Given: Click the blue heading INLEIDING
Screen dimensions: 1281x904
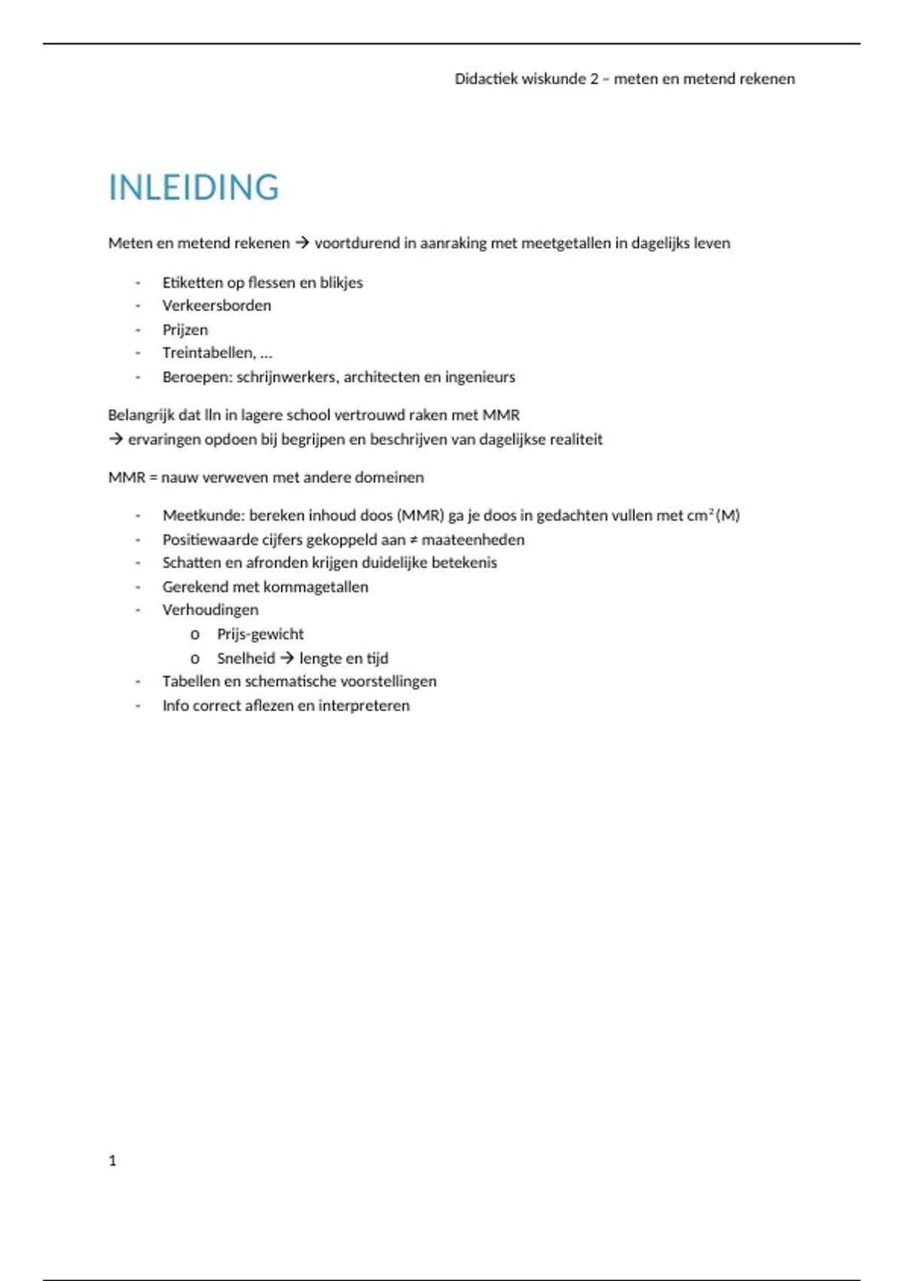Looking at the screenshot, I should tap(194, 188).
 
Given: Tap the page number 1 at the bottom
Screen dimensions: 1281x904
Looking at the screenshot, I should tap(112, 1160).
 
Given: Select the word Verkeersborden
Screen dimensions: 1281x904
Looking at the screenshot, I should tap(216, 305).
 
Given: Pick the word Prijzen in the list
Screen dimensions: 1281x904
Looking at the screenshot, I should tap(185, 329).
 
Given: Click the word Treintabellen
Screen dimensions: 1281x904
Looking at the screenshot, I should tap(209, 353).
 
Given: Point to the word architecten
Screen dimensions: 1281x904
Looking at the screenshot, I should tap(380, 377).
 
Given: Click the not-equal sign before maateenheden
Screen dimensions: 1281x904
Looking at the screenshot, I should tap(414, 540).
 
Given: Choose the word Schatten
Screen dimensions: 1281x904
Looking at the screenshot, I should tap(191, 563).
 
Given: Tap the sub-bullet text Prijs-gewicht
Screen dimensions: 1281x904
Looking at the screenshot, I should tap(260, 634).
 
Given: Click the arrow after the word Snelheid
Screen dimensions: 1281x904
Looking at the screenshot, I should tap(287, 658).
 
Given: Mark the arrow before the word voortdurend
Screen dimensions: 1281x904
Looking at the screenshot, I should tap(302, 243).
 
